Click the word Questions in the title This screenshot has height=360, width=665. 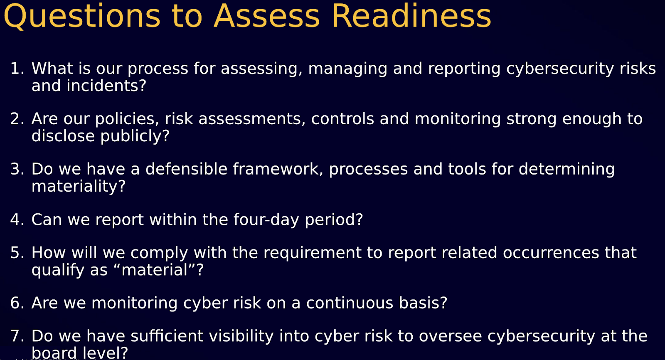(x=82, y=16)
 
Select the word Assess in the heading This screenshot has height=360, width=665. (x=266, y=16)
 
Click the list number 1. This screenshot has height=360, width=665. (x=17, y=69)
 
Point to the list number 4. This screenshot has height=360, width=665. (x=17, y=220)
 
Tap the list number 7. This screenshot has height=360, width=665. (x=17, y=336)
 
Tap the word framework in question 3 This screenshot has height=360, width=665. (x=276, y=169)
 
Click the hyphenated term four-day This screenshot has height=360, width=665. (x=266, y=220)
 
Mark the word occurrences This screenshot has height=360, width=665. (x=551, y=253)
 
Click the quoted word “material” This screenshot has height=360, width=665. (x=154, y=270)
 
